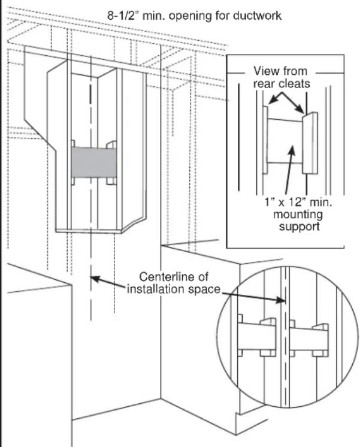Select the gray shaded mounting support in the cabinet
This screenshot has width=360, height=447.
pyautogui.click(x=93, y=162)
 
